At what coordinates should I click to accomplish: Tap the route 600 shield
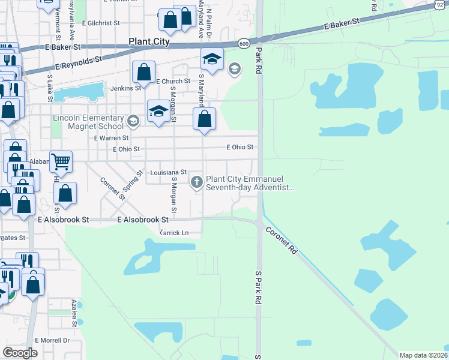[243, 44]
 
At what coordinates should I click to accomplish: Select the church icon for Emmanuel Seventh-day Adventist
[197, 182]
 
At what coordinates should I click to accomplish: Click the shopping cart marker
[61, 161]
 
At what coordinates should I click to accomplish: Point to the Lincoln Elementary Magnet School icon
[133, 122]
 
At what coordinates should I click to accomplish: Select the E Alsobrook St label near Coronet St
[142, 220]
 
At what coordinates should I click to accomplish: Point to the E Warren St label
[112, 137]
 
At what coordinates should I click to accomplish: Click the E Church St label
[173, 81]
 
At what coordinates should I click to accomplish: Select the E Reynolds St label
[79, 60]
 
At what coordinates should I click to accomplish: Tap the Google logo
[20, 352]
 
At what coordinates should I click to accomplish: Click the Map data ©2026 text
[423, 355]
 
